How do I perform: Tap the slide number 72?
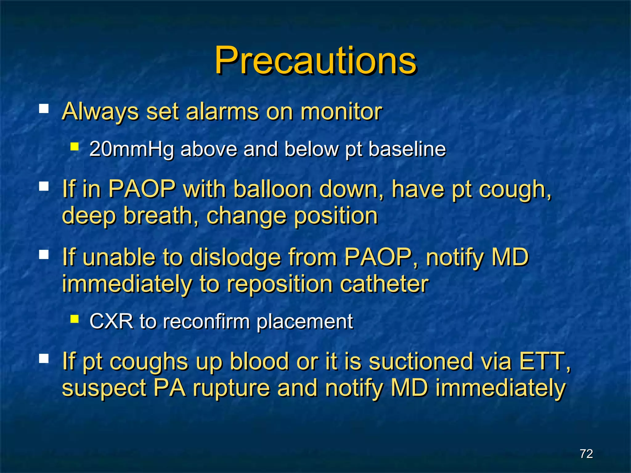[x=586, y=454]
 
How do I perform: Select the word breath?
[x=161, y=215]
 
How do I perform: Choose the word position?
[x=336, y=216]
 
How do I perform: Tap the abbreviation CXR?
[x=111, y=321]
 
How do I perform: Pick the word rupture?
[x=231, y=388]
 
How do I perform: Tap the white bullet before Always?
[x=44, y=109]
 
